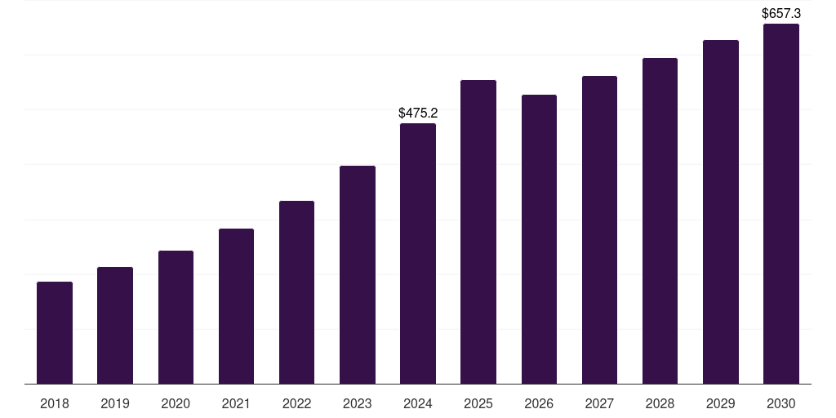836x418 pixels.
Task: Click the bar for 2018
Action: (x=55, y=333)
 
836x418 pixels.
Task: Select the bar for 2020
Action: (x=176, y=318)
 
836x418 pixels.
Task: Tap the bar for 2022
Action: (x=296, y=292)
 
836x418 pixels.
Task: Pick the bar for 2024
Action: (x=418, y=254)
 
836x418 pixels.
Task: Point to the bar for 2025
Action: (x=478, y=232)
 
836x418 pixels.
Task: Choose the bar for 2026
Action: (x=539, y=239)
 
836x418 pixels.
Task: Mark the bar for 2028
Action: (x=660, y=221)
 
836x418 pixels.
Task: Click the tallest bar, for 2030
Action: (x=781, y=204)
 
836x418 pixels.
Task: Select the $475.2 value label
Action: (x=418, y=113)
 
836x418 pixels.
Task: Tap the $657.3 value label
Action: (x=781, y=14)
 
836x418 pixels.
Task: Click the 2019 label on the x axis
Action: (x=115, y=404)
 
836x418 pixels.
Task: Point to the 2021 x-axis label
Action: (x=236, y=404)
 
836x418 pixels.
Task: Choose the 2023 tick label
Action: (x=357, y=404)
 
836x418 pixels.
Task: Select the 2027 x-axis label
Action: (x=599, y=404)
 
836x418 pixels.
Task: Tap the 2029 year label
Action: (x=721, y=404)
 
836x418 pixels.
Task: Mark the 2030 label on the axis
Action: (x=781, y=404)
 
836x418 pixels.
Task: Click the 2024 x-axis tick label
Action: (x=418, y=404)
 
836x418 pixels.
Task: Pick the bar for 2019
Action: (x=115, y=326)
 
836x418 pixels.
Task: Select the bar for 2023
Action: (x=358, y=275)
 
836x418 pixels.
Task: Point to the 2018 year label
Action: (x=55, y=404)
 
